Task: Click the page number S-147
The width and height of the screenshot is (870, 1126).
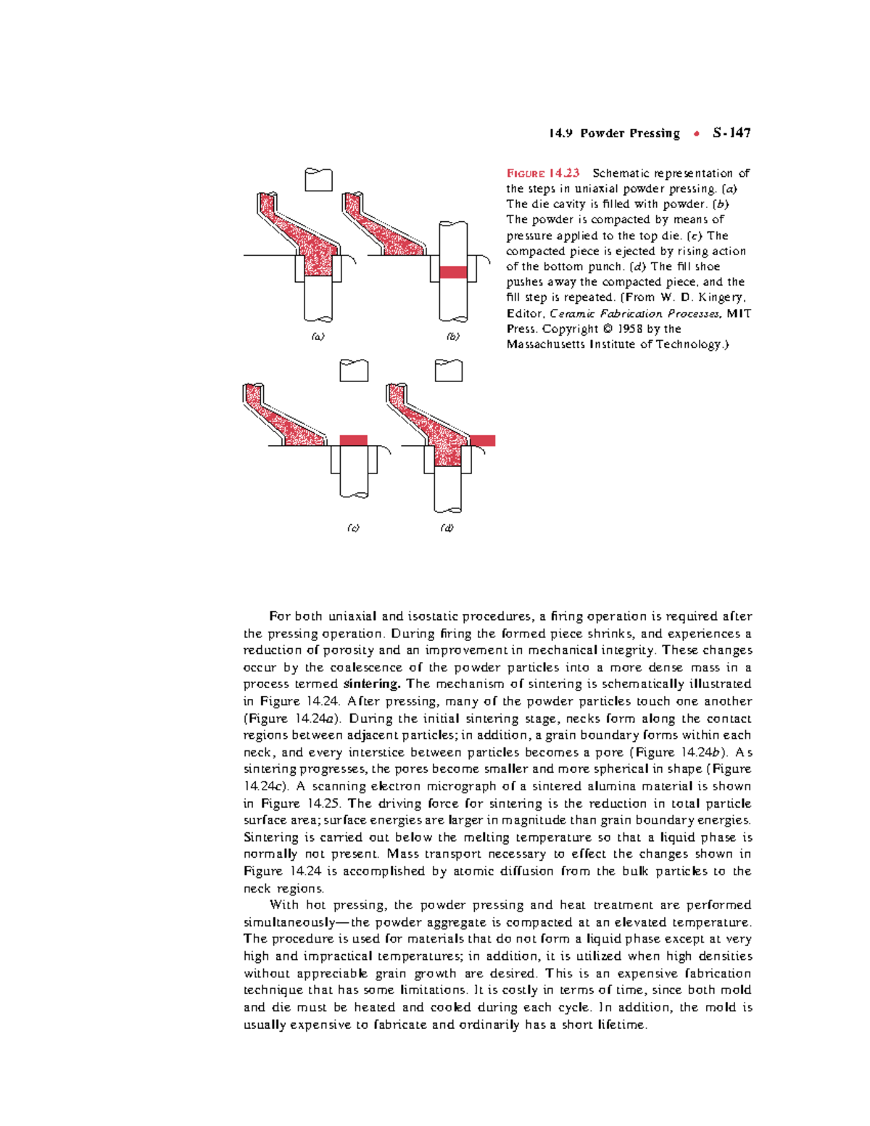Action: [732, 133]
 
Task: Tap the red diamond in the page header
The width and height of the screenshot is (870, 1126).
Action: [696, 133]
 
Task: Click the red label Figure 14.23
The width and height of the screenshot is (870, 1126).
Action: [543, 173]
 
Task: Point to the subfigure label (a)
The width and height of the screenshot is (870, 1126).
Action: [318, 336]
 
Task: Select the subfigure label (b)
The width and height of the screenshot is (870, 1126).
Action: [453, 336]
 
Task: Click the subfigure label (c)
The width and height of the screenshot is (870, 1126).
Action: [353, 528]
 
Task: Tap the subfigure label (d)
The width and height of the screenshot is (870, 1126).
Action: [447, 528]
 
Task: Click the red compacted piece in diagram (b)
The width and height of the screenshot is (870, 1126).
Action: [453, 273]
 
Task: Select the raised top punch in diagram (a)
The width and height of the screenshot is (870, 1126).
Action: [318, 180]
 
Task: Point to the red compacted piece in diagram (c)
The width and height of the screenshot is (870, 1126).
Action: [354, 440]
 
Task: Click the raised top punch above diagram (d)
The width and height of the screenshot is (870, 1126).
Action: [449, 370]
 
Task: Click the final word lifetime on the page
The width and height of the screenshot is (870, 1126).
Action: [620, 1025]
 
